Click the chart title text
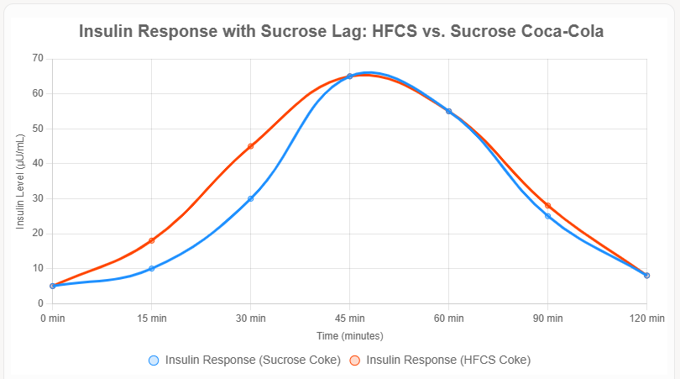point(340,31)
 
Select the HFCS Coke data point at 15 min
point(152,241)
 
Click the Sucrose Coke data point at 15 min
point(152,269)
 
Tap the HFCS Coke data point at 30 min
point(251,146)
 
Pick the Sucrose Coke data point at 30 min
point(251,198)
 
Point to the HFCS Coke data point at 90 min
point(547,206)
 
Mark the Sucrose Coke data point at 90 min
point(547,216)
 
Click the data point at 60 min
point(448,111)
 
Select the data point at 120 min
point(646,276)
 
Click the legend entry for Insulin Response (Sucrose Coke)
point(243,360)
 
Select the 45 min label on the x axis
point(350,318)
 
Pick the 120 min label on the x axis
point(646,318)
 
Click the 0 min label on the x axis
point(53,318)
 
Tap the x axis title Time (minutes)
point(350,335)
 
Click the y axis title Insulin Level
point(21,181)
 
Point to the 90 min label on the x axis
point(547,318)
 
